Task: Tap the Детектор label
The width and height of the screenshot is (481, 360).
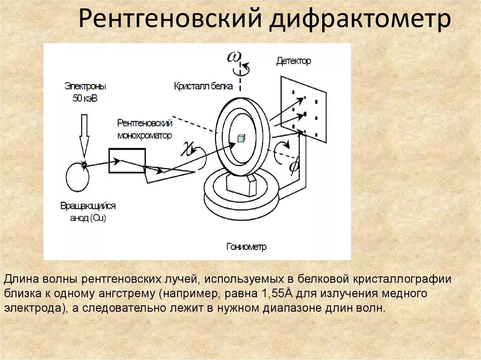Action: pyautogui.click(x=294, y=61)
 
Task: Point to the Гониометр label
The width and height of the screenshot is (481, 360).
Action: pyautogui.click(x=246, y=247)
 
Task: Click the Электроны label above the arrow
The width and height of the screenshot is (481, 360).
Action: pyautogui.click(x=85, y=86)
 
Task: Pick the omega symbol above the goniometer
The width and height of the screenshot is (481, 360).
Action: pyautogui.click(x=234, y=57)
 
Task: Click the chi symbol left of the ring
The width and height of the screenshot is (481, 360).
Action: pyautogui.click(x=189, y=150)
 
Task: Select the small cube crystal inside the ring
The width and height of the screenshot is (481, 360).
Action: pyautogui.click(x=241, y=138)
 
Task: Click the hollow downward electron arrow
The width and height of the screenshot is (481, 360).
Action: pyautogui.click(x=85, y=136)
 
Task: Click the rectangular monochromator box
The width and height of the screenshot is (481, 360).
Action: pyautogui.click(x=127, y=161)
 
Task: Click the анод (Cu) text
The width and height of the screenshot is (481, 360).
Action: pyautogui.click(x=89, y=219)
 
